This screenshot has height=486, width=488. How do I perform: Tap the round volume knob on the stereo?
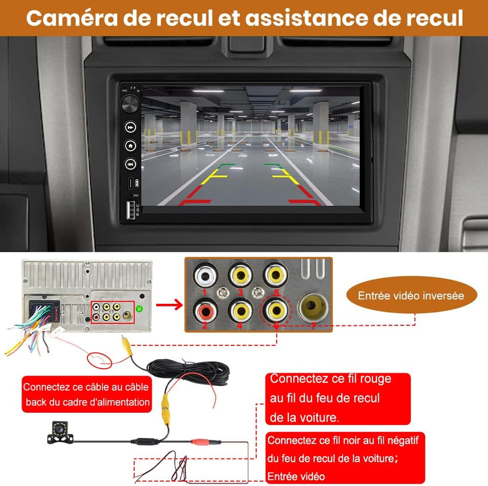(130, 103)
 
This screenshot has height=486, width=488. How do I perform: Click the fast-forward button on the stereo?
(131, 127)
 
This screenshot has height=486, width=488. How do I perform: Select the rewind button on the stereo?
(131, 163)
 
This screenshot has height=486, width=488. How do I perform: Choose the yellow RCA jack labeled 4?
(240, 310)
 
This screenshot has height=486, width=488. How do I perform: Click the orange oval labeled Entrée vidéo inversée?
(410, 296)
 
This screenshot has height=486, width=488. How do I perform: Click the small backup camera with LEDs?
(60, 432)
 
